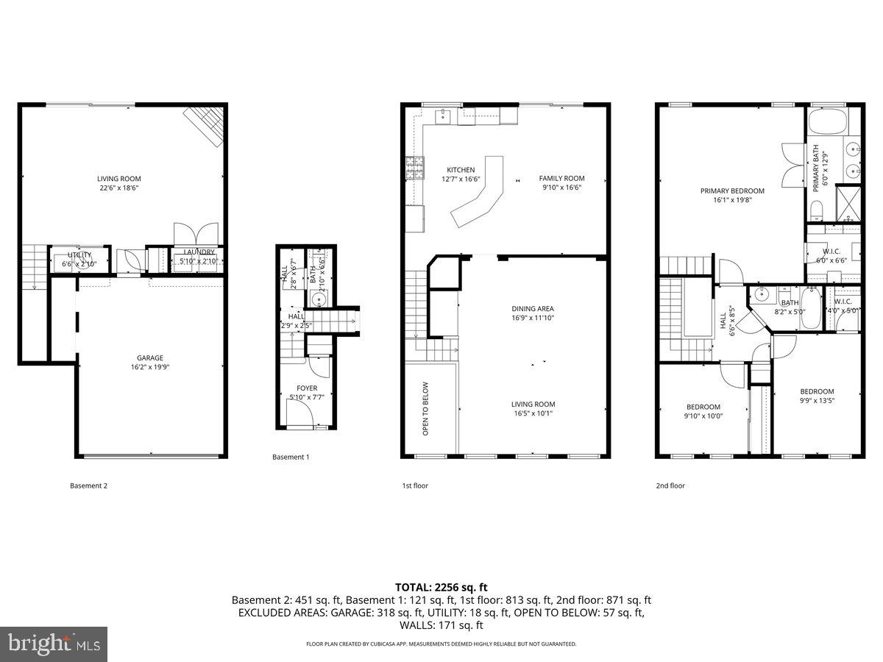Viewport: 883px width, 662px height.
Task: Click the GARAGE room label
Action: [x=149, y=358]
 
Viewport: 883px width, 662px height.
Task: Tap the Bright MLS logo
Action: [x=54, y=644]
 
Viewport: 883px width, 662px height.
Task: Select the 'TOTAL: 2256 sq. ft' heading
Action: [x=441, y=587]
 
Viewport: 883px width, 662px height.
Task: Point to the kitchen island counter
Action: [x=478, y=191]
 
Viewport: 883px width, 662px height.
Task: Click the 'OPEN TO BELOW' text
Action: [x=425, y=408]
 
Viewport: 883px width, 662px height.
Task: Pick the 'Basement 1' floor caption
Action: [x=291, y=457]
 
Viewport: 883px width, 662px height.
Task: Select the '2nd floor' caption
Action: [x=670, y=485]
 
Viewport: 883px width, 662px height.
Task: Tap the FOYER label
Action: [x=307, y=388]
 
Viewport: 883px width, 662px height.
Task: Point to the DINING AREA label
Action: [x=533, y=309]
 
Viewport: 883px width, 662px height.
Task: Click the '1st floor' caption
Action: [x=415, y=485]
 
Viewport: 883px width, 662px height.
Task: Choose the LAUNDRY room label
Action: [x=199, y=252]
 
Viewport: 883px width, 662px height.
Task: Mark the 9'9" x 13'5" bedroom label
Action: [x=817, y=401]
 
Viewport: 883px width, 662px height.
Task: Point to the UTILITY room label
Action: [x=79, y=255]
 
